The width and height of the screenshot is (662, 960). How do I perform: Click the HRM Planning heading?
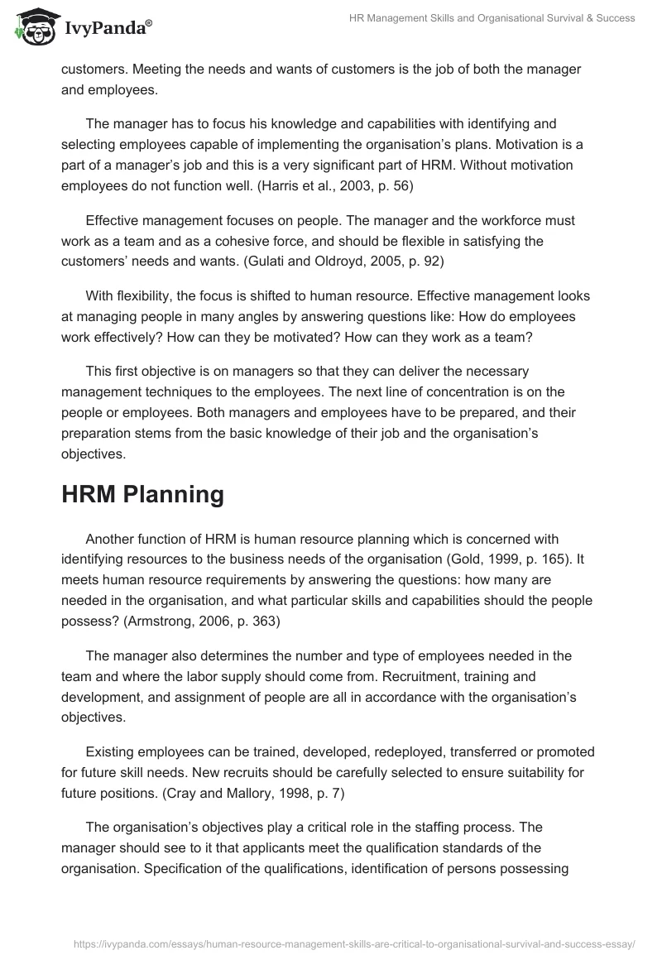tap(142, 494)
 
